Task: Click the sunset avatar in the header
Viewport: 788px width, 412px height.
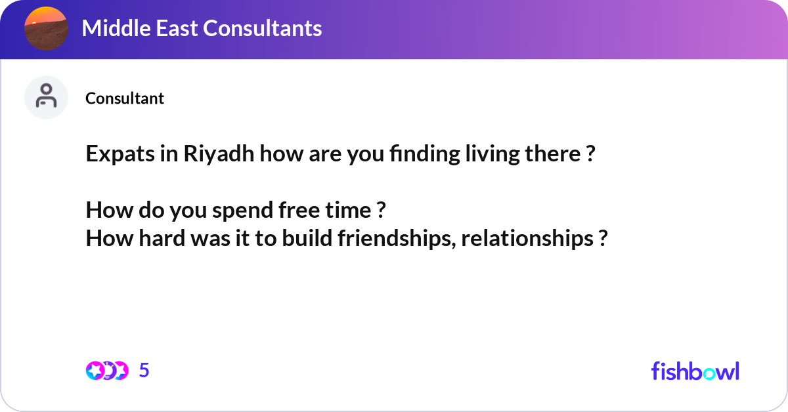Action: (x=46, y=29)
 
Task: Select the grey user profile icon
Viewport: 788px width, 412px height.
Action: (x=46, y=97)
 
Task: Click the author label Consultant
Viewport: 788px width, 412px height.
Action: (x=125, y=98)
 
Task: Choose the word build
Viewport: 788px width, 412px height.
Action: (x=307, y=239)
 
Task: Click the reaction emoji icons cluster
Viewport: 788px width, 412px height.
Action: (x=106, y=371)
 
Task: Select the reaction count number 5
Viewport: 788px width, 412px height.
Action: (x=144, y=371)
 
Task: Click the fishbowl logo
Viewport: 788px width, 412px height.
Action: (x=695, y=371)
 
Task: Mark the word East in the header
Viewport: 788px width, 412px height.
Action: (x=177, y=28)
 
